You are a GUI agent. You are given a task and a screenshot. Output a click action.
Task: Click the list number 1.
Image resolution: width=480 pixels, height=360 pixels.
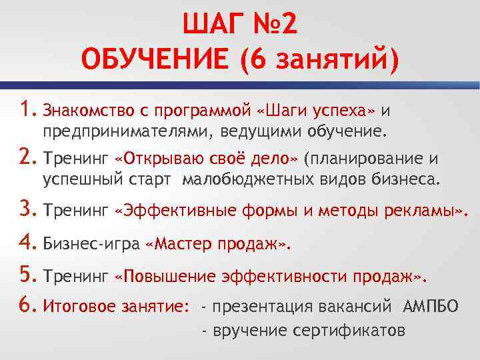[27, 108]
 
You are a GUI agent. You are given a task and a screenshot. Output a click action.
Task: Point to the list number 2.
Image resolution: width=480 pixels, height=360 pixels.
[29, 158]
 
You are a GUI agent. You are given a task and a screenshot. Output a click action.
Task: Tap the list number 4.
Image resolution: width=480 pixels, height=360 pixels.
[29, 243]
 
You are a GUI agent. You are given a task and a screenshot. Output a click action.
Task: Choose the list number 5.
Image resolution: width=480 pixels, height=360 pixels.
[29, 275]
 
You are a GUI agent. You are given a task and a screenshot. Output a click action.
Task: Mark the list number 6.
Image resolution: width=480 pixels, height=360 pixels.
[29, 305]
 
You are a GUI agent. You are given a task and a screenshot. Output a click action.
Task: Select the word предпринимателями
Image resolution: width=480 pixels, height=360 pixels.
[125, 131]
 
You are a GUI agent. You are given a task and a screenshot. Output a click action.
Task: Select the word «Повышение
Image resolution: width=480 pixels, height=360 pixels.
[165, 276]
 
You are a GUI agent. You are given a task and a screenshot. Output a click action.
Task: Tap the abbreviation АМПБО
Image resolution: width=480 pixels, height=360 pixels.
[431, 307]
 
